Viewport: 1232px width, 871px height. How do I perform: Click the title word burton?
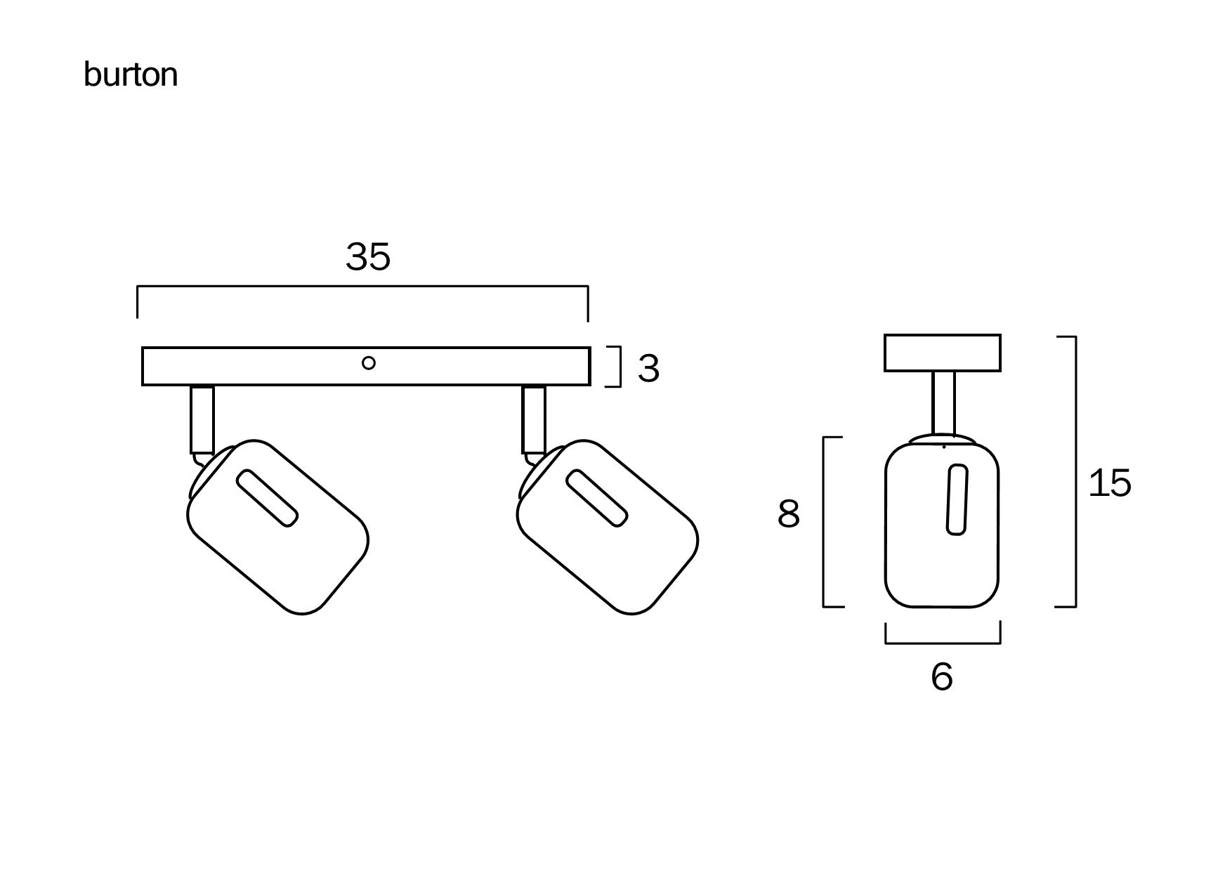[x=131, y=74]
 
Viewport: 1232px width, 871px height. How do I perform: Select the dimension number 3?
[x=648, y=368]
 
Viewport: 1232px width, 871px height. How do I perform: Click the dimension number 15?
[x=1110, y=483]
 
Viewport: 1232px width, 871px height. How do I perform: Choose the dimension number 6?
[x=942, y=677]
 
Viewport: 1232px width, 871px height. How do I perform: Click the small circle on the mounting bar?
[x=368, y=363]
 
